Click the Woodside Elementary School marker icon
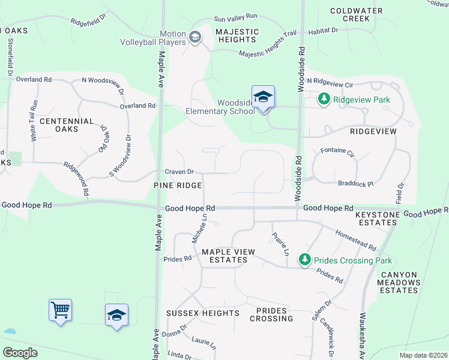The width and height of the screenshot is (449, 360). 263,97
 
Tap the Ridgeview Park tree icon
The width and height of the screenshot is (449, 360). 324,99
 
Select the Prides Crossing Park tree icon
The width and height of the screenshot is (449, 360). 305,260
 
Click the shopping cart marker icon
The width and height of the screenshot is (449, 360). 60,310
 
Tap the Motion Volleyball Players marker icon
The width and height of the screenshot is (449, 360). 194,38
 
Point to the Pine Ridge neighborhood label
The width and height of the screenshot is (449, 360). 177,186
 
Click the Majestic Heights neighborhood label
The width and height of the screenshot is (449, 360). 237,35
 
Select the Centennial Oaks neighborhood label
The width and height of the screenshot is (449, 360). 67,125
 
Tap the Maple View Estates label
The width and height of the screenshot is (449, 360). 228,256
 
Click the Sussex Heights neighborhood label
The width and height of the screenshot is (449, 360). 202,313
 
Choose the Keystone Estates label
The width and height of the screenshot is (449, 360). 376,218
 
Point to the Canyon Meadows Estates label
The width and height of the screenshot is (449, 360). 399,283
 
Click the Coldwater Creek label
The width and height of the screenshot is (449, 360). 353,14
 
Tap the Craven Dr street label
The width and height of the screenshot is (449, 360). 179,172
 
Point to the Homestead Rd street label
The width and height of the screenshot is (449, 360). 355,240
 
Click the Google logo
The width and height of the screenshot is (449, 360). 20,352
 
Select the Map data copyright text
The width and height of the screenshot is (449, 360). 422,355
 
